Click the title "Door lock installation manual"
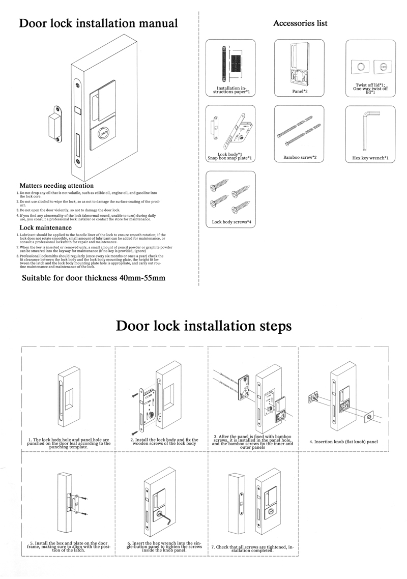tap(98, 23)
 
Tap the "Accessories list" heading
tap(300, 23)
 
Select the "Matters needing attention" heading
tap(56, 186)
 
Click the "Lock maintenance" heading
tap(45, 227)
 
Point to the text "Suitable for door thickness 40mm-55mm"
tap(94, 278)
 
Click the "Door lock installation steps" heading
tap(203, 326)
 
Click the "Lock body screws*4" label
tap(231, 222)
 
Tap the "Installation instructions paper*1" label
tap(230, 91)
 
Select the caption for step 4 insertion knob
tap(343, 441)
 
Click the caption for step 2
tap(163, 442)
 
